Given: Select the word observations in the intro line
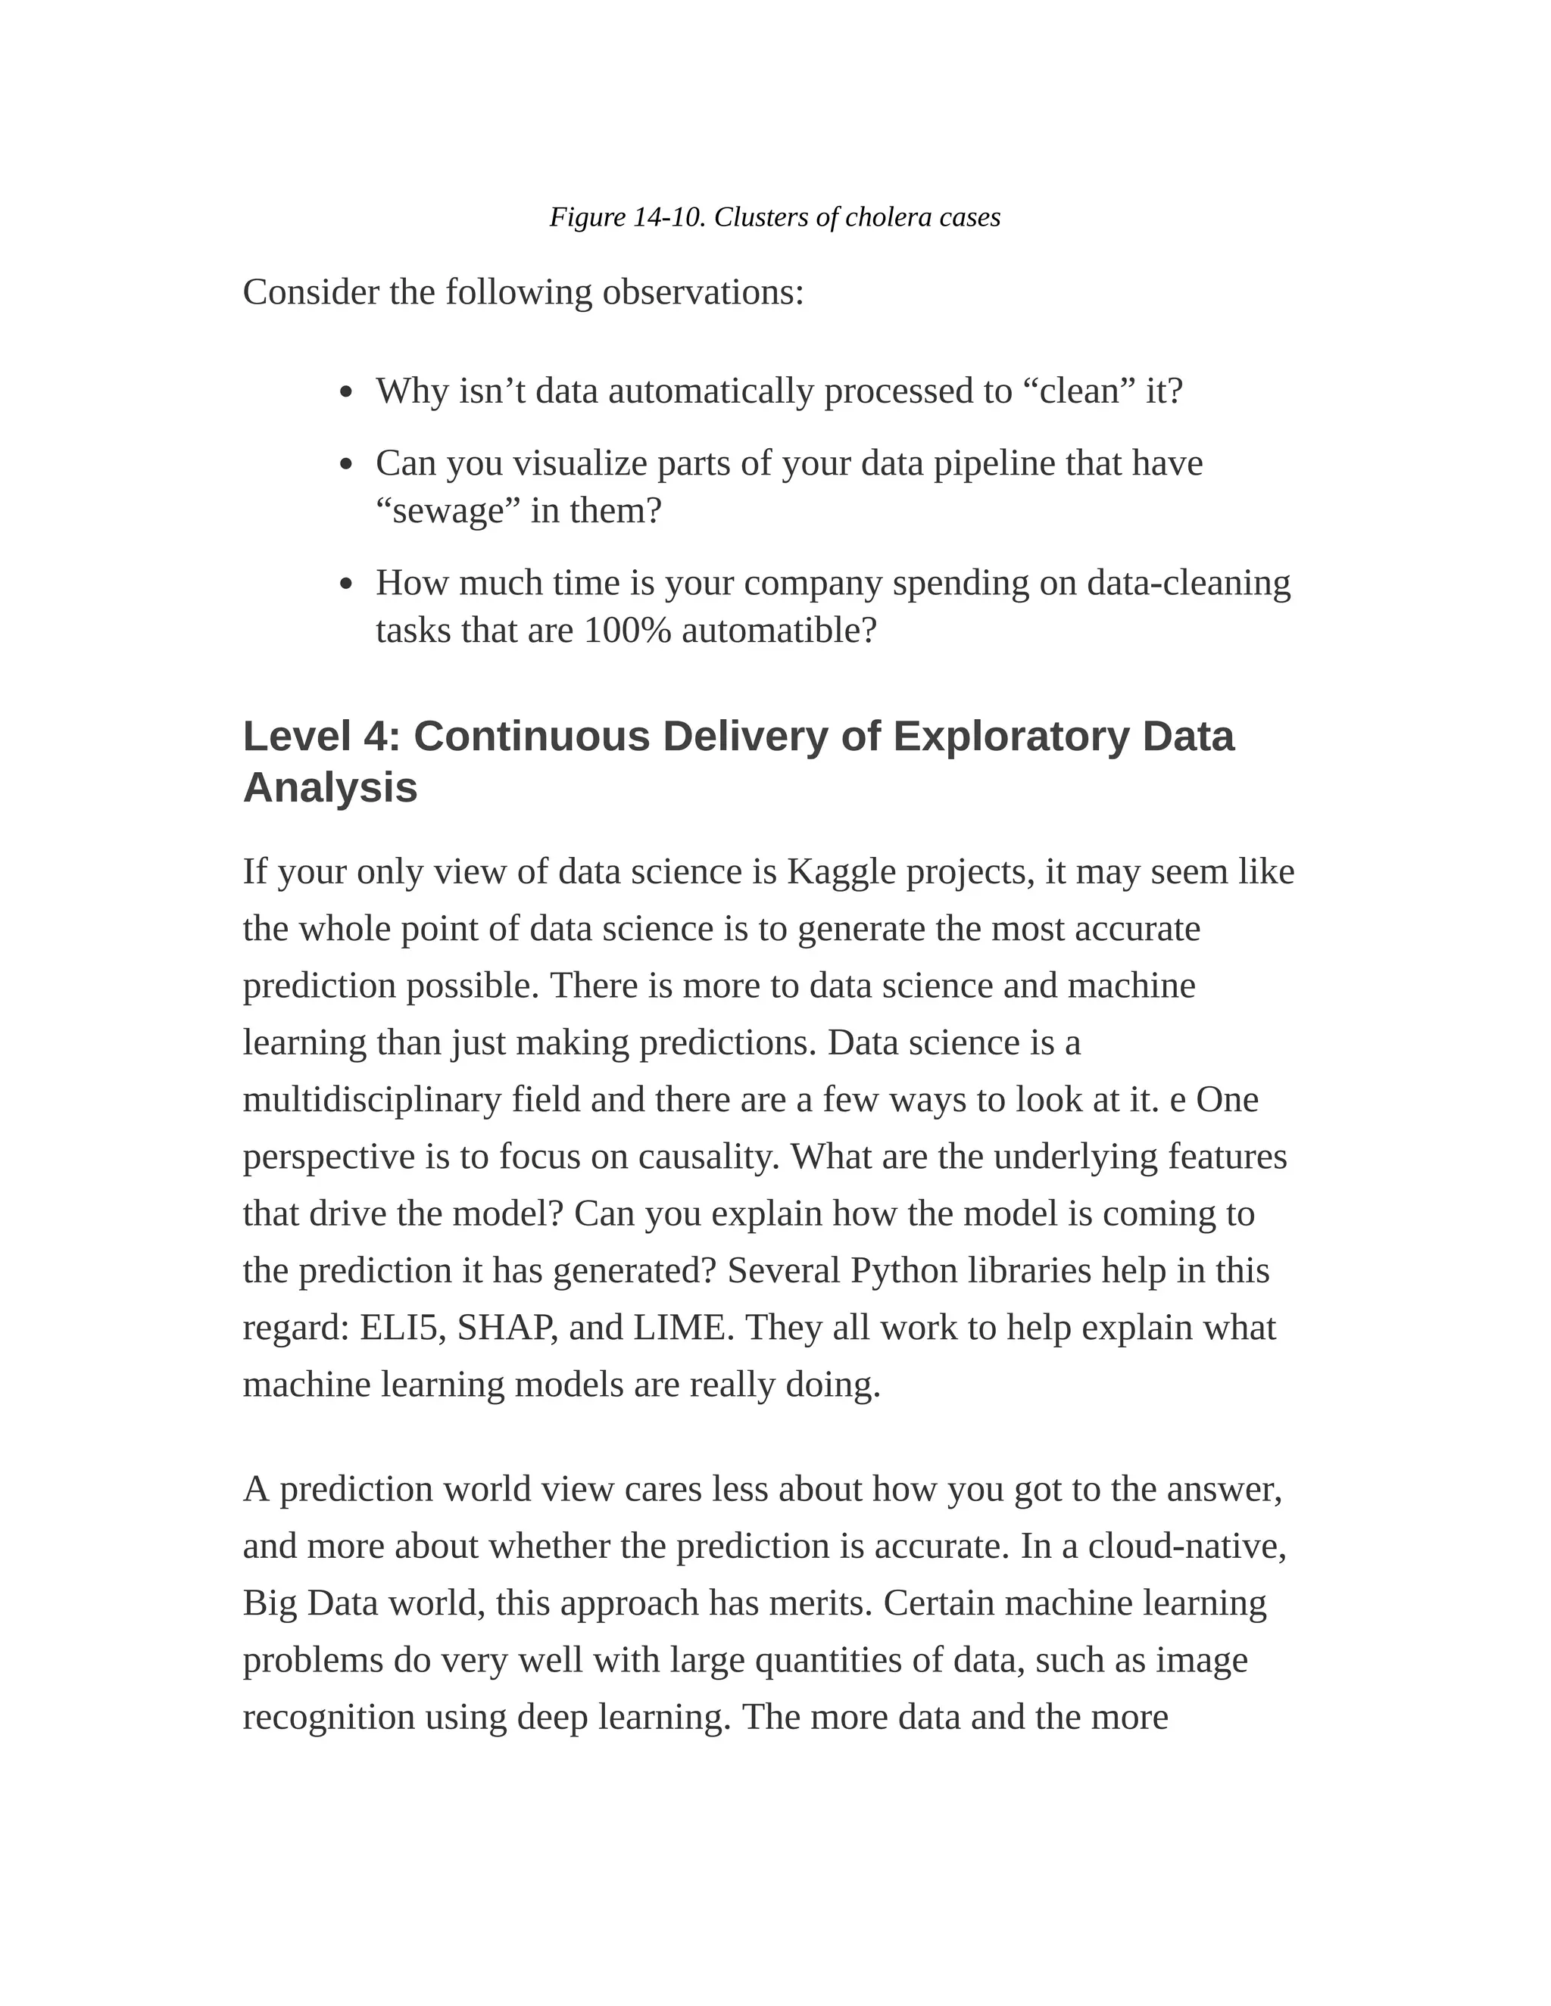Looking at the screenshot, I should click(703, 293).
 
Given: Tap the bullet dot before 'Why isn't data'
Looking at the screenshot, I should click(345, 393).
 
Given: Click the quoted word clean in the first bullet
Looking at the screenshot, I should click(1078, 392).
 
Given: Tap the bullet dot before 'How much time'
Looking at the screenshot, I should click(345, 584).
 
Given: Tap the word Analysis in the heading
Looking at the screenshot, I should click(330, 788).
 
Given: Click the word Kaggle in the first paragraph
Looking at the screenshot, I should click(841, 871).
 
